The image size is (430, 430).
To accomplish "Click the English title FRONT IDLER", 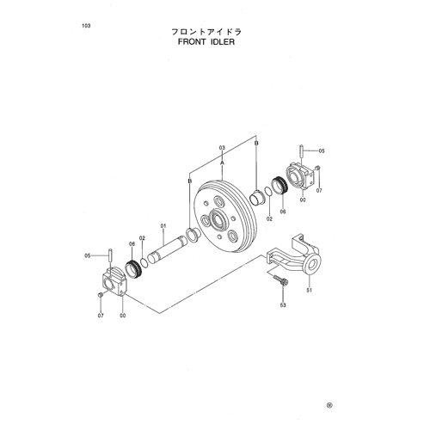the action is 206,42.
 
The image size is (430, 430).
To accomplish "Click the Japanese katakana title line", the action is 206,32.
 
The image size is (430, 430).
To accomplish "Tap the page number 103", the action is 86,26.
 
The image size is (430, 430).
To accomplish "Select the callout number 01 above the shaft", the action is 163,226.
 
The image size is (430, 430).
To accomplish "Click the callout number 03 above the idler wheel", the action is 222,148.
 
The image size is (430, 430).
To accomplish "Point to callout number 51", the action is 309,291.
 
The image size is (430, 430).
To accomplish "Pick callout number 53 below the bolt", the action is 283,305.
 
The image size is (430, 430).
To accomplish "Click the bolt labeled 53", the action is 280,280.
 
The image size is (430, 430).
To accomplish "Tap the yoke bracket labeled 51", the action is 294,255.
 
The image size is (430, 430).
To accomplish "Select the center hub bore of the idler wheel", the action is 219,220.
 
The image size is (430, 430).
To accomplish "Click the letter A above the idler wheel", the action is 222,163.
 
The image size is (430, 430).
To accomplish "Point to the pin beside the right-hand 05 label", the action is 302,150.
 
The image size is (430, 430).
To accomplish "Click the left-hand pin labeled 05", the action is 110,255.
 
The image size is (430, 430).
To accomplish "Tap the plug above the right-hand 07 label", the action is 317,168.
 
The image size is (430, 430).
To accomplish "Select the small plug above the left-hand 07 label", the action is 100,295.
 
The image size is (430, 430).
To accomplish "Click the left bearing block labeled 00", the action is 114,282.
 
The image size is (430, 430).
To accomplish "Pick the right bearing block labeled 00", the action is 300,176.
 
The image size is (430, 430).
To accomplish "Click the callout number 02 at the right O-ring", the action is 269,219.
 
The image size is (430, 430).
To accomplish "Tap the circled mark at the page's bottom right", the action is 329,405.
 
